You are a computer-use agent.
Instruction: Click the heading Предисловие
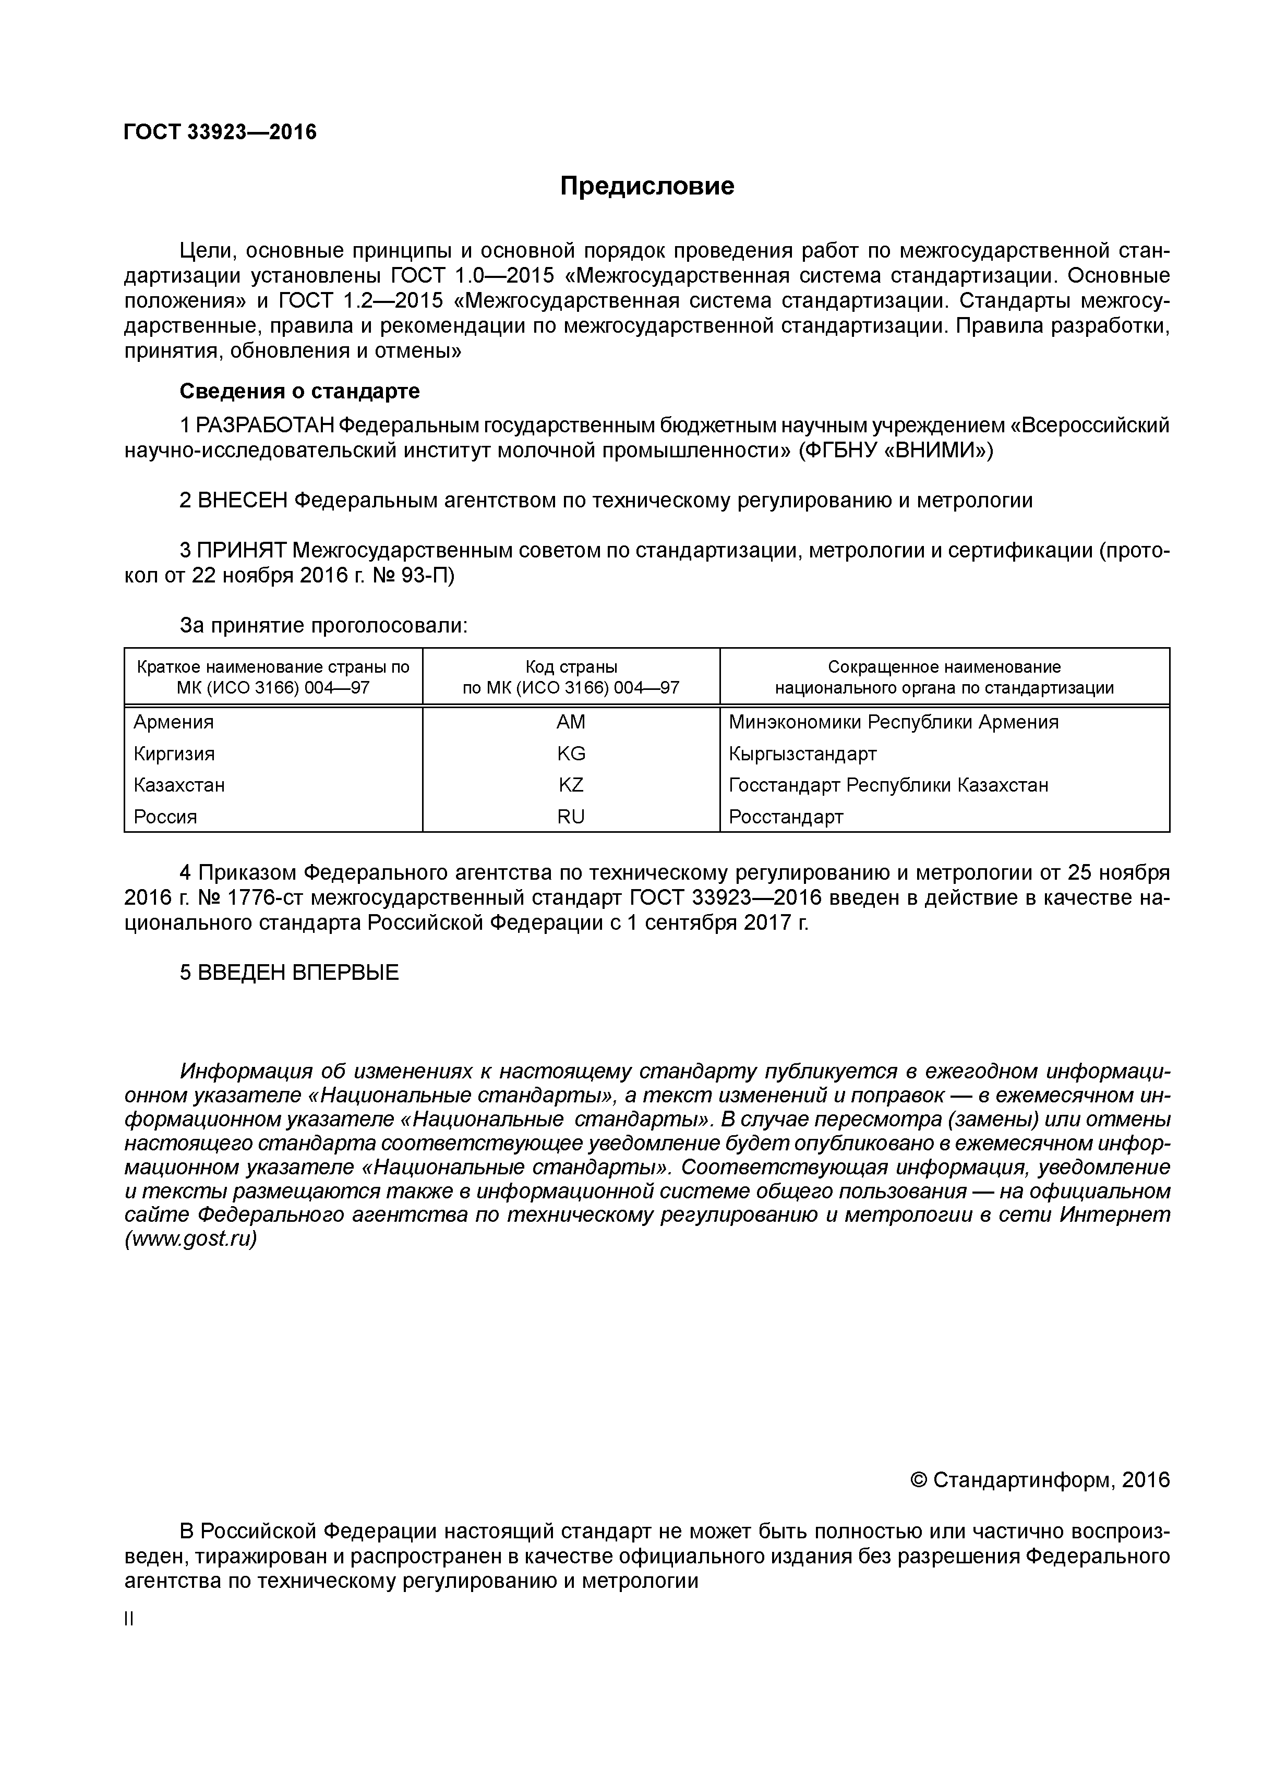(x=647, y=186)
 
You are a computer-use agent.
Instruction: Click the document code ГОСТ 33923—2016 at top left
(x=220, y=133)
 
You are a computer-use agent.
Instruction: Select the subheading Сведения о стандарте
(x=299, y=391)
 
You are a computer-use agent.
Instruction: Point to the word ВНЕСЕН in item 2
(x=242, y=500)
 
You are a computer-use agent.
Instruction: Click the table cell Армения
(x=174, y=722)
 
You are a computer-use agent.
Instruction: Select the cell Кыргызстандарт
(x=802, y=754)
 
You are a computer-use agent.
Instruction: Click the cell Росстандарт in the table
(x=786, y=817)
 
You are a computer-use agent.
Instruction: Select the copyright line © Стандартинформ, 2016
(x=1040, y=1479)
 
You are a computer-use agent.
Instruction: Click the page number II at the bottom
(x=129, y=1619)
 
